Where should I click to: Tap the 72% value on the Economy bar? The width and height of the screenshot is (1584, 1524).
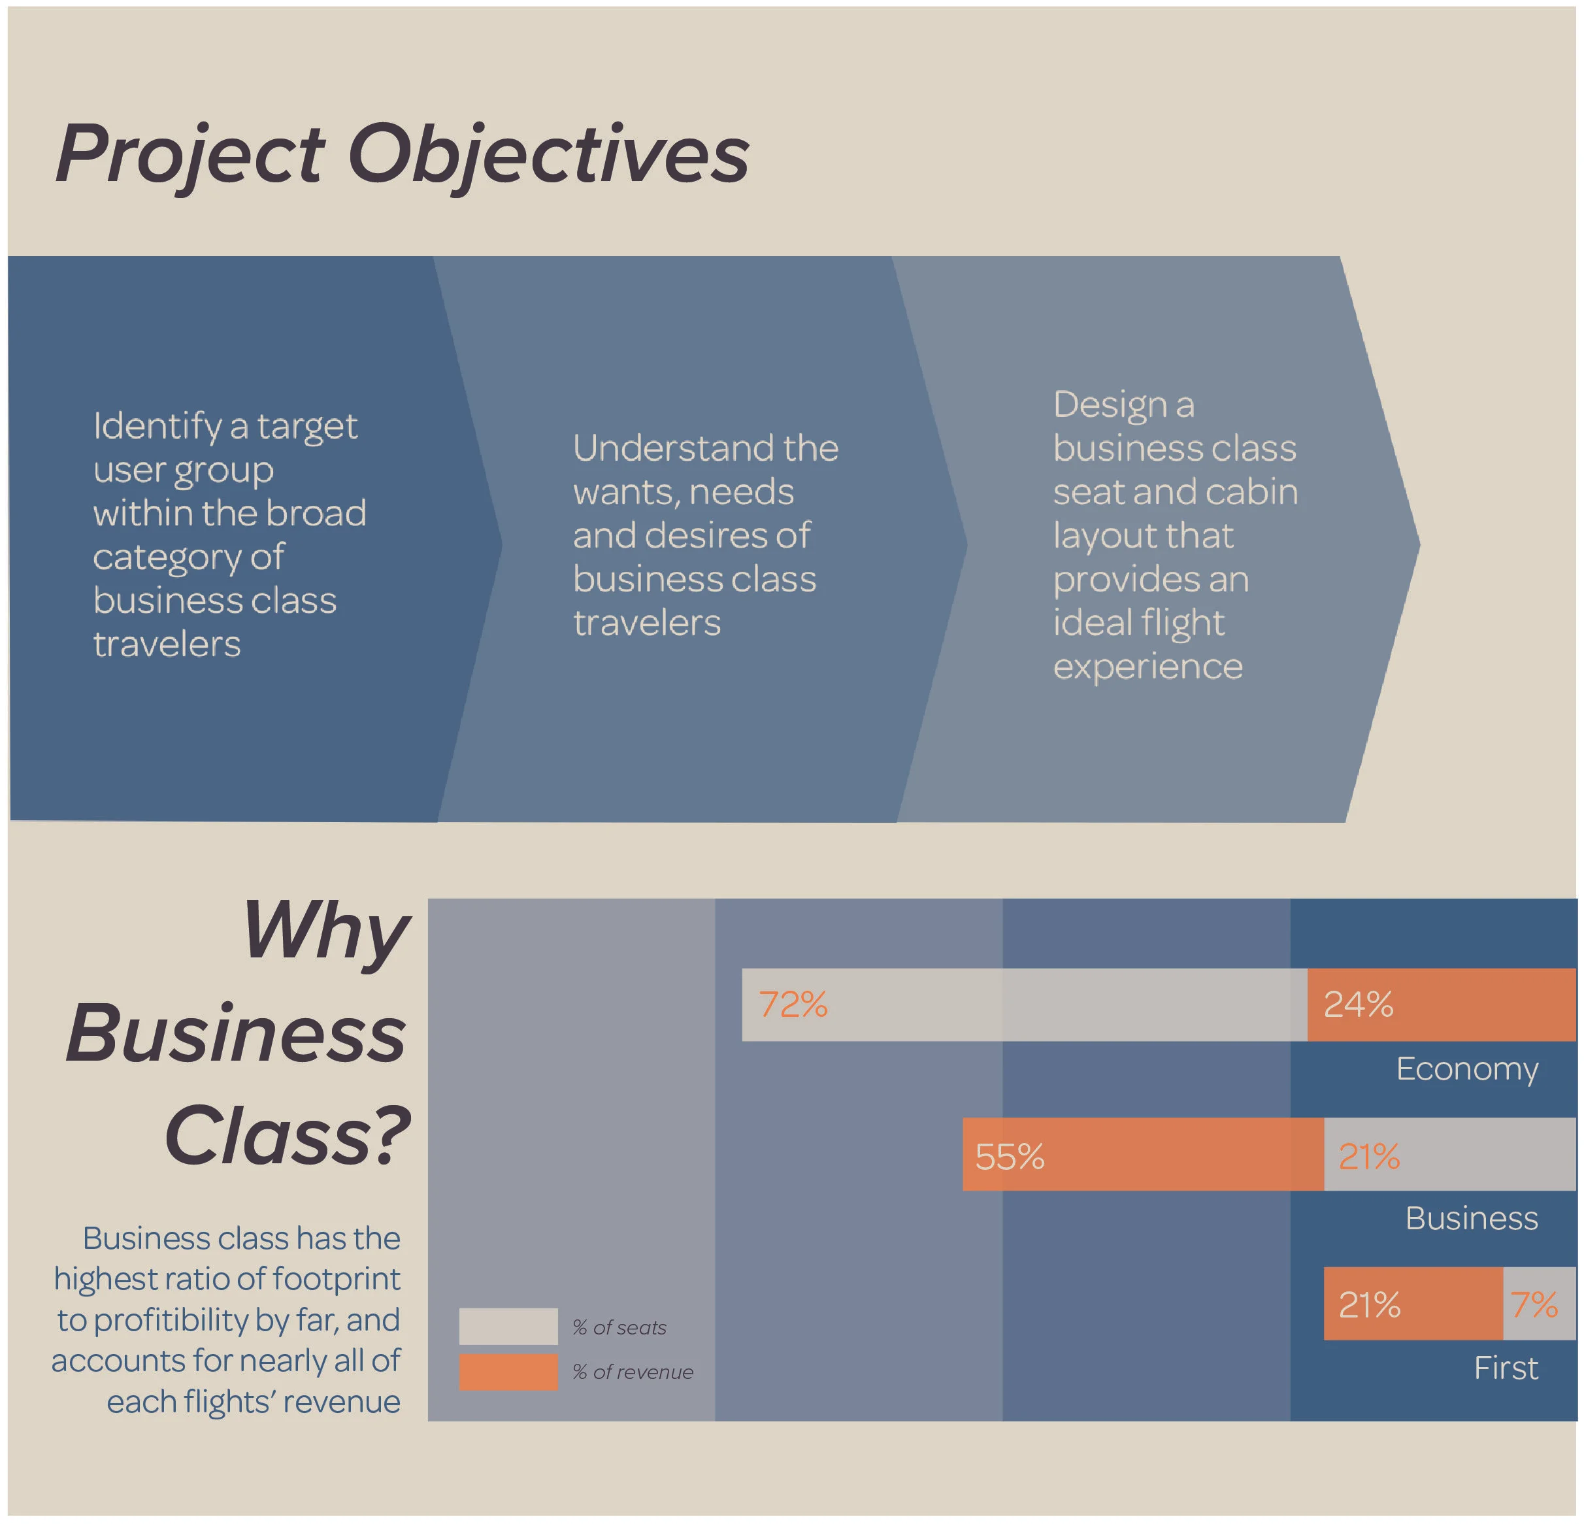(793, 1004)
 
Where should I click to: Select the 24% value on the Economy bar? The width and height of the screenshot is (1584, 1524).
(1358, 1004)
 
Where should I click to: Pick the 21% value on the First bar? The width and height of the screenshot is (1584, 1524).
(1369, 1305)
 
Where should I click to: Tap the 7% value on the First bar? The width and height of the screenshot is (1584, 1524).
(1533, 1305)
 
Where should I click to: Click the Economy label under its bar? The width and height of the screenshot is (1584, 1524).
(1467, 1069)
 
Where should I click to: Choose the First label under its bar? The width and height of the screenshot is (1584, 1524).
(1506, 1368)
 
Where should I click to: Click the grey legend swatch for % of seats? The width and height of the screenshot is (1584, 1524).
(508, 1326)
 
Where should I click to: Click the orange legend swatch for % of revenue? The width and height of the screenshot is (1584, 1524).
(508, 1372)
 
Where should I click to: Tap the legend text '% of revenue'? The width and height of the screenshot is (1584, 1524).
(633, 1372)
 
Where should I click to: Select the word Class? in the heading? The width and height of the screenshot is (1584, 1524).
(287, 1136)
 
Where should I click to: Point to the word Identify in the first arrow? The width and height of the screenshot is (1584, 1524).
(157, 427)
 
